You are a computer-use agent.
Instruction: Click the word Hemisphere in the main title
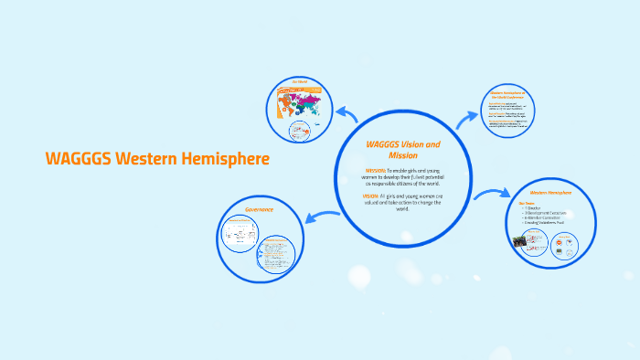(229, 158)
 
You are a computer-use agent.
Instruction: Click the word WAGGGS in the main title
(73, 158)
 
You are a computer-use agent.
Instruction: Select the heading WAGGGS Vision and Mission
(402, 150)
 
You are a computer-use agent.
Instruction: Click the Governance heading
(259, 209)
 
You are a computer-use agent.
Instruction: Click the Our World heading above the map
(301, 82)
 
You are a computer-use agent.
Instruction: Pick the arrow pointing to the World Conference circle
(468, 116)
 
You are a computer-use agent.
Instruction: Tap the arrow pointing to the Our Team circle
(495, 193)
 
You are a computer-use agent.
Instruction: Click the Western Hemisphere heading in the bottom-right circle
(550, 194)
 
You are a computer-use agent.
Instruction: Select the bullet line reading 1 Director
(534, 208)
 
